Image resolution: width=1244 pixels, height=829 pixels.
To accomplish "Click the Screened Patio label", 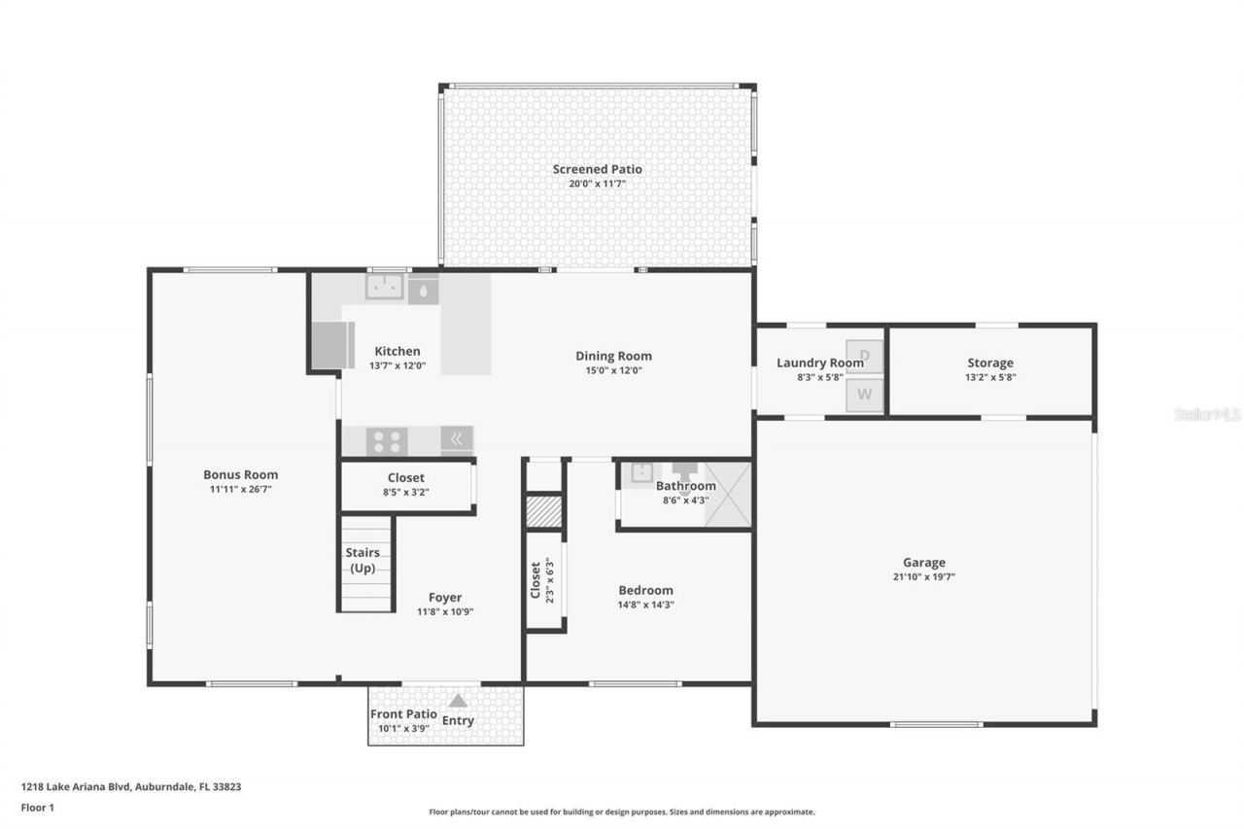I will (x=597, y=169).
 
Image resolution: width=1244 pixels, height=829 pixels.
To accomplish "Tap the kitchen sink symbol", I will (x=385, y=287).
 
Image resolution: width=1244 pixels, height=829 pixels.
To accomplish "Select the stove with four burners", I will (x=386, y=441).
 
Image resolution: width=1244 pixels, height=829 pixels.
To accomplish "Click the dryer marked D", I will (x=864, y=356).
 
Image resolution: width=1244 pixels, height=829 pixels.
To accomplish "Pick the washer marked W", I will (x=864, y=395).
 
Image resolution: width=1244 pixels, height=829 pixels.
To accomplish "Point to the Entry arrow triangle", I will (x=458, y=700).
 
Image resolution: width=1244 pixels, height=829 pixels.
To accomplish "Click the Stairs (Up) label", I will (x=363, y=560).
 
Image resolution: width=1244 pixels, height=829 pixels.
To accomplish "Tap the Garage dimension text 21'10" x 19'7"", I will (x=923, y=576).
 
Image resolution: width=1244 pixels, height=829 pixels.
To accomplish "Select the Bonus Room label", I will (x=240, y=474).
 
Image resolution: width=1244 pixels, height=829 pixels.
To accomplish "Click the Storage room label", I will (x=989, y=363).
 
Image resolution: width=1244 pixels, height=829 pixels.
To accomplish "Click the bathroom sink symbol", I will (x=641, y=473).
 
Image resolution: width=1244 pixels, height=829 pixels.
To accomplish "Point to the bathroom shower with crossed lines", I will (x=727, y=495).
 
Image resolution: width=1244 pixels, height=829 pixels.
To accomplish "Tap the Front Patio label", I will (x=403, y=714).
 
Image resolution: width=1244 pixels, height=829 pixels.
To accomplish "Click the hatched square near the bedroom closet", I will (x=544, y=512).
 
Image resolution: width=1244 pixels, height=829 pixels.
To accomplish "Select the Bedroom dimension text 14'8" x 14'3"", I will (x=645, y=604).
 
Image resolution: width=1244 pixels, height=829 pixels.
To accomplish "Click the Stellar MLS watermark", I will (x=1207, y=414).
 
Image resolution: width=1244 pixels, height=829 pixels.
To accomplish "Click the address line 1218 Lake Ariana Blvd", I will (x=130, y=787).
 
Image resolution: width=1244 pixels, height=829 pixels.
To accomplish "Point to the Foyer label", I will (x=445, y=598).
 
